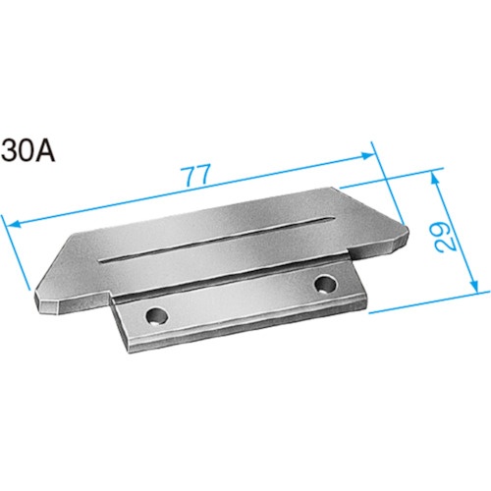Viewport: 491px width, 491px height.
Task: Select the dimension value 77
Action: click(x=196, y=176)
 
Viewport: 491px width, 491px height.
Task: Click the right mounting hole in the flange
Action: click(x=325, y=285)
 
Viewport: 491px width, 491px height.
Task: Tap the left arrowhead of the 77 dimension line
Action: click(x=14, y=225)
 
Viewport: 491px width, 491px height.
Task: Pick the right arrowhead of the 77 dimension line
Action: click(x=366, y=155)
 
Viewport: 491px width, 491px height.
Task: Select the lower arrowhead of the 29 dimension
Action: click(x=475, y=284)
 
